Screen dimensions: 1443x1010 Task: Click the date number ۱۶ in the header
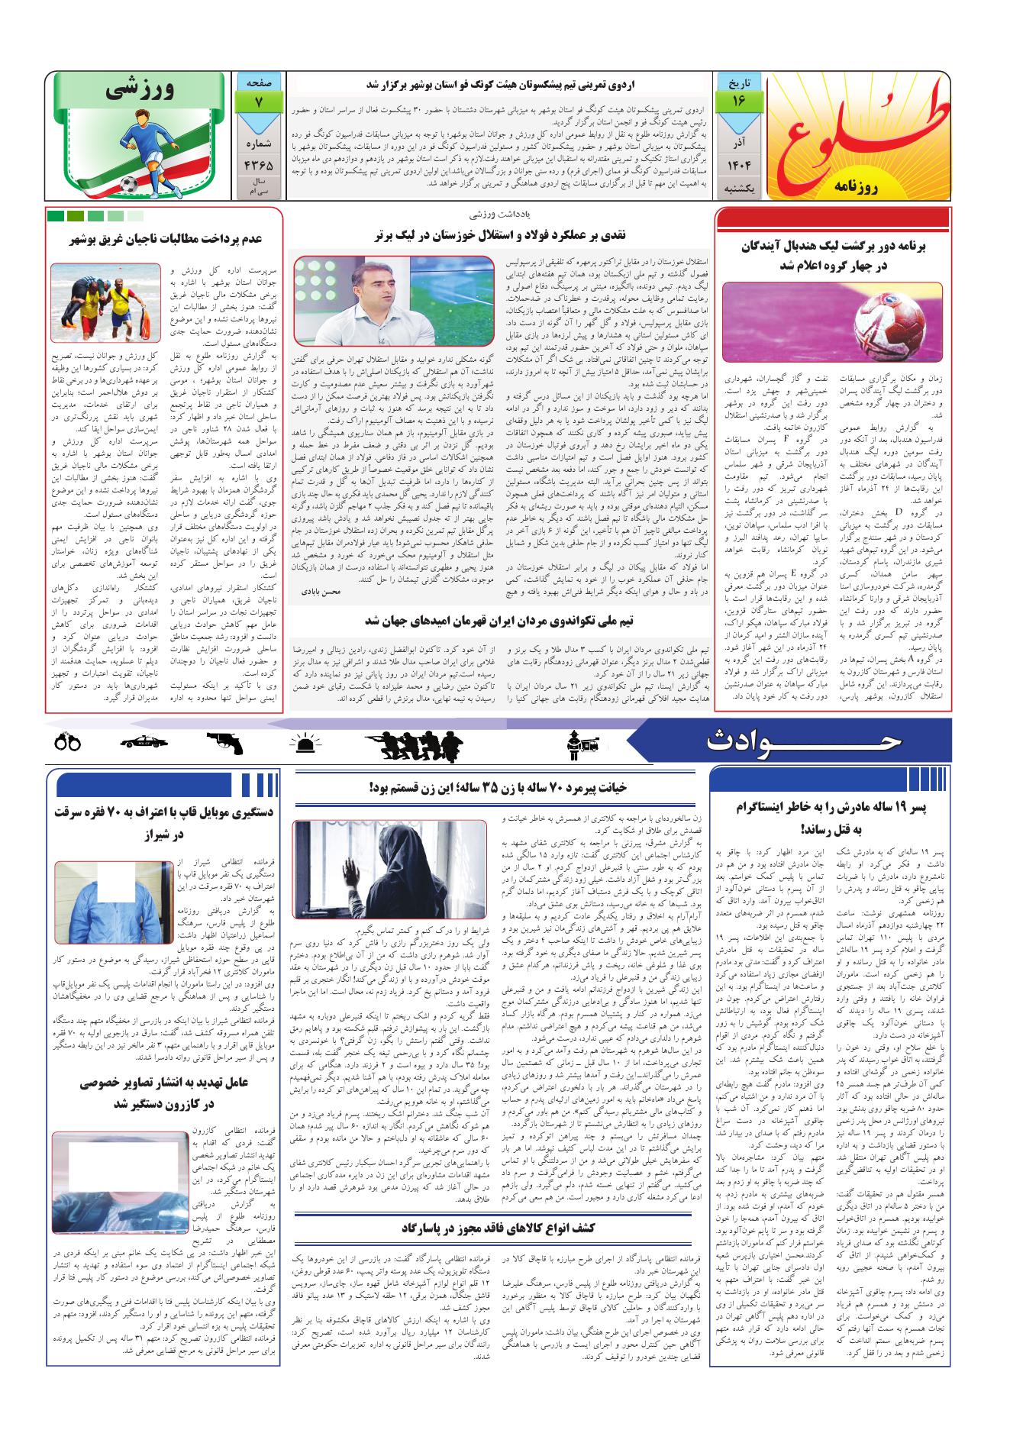click(x=740, y=101)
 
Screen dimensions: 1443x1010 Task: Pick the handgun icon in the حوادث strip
click(x=224, y=740)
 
